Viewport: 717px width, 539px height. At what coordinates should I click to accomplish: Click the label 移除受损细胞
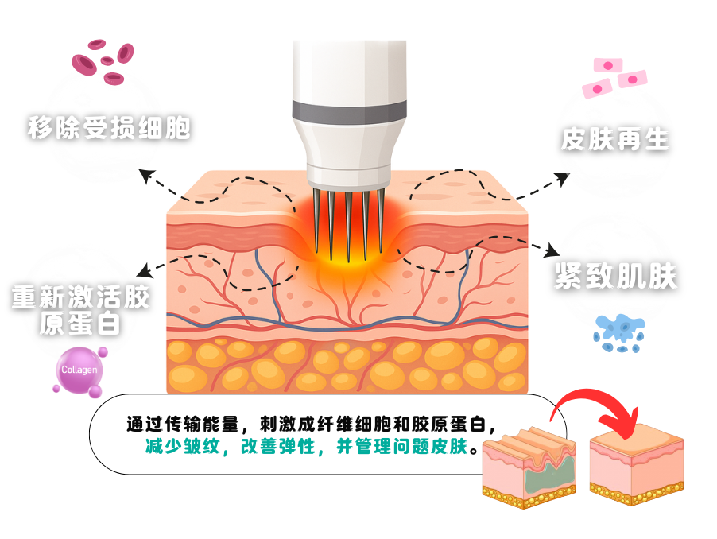tap(108, 128)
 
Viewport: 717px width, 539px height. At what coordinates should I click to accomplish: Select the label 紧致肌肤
tap(615, 275)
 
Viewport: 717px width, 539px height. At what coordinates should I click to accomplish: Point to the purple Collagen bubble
tap(79, 370)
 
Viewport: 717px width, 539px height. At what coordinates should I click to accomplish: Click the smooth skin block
tap(636, 461)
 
